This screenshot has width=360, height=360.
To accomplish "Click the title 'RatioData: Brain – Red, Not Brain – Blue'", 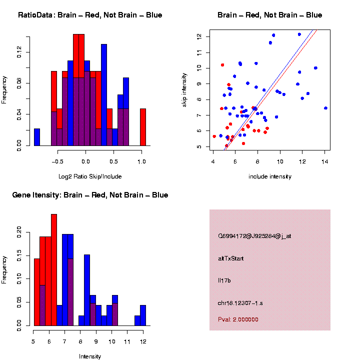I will [90, 15].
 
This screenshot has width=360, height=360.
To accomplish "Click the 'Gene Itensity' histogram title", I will [90, 195].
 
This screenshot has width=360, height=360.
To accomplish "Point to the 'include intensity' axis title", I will [270, 176].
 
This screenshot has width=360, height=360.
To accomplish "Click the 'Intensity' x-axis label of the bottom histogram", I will [90, 356].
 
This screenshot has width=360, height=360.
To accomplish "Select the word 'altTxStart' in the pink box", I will [231, 258].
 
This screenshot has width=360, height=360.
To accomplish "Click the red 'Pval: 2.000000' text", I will [238, 319].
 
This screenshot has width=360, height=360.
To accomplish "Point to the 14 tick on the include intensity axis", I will [324, 161].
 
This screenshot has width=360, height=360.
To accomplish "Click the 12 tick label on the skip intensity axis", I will [199, 36].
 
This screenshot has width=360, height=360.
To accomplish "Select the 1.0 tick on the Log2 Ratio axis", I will [142, 161].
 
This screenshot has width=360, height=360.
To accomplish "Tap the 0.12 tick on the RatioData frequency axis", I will [19, 52].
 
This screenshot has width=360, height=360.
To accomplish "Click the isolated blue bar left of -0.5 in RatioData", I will [37, 137].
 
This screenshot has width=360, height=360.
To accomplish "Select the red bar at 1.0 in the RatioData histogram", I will [143, 127].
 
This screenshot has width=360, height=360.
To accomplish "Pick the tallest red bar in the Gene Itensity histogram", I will [54, 270].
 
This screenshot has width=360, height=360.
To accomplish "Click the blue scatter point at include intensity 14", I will [325, 107].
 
